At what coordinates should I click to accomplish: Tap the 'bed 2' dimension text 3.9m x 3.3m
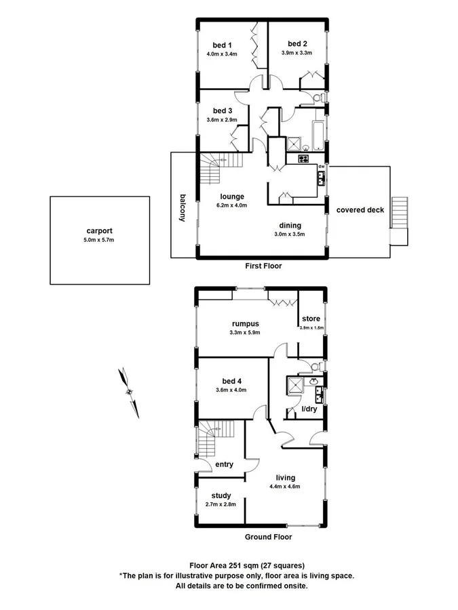[x=297, y=52]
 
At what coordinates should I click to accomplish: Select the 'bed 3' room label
[x=222, y=110]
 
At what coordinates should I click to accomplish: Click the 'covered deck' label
[x=360, y=210]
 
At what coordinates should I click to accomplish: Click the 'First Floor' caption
[x=263, y=266]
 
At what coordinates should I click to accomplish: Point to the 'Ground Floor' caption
[x=268, y=537]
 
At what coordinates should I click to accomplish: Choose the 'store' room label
[x=311, y=319]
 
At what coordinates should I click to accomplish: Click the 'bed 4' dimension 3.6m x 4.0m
[x=231, y=390]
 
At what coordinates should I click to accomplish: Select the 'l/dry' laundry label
[x=310, y=411]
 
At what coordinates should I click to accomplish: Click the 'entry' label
[x=224, y=464]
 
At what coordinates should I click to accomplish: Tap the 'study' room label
[x=221, y=495]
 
